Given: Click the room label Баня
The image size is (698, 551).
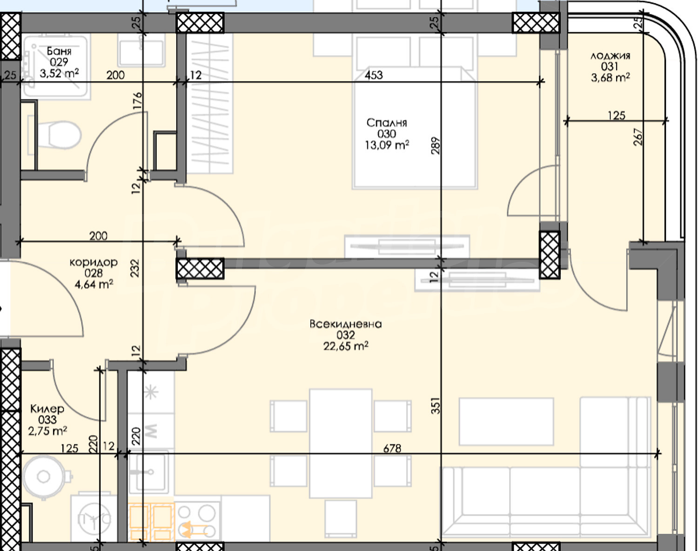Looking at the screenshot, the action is tap(59, 51).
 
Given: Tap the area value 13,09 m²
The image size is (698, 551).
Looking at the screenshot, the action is tap(387, 145).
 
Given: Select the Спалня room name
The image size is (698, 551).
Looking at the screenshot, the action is tap(387, 123).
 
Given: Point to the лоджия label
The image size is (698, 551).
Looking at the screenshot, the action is tap(610, 56).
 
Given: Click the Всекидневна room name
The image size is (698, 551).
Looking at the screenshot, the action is tap(346, 324).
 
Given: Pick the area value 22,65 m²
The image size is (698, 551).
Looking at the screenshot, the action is tap(346, 346).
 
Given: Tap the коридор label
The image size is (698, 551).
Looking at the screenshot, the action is tap(94, 262).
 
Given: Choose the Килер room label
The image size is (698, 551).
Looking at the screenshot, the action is tap(47, 408).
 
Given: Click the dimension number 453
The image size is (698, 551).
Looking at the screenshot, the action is tap(374, 75).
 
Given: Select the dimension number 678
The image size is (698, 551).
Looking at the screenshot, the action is tap(392, 449).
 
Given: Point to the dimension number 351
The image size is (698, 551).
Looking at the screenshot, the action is tap(436, 406).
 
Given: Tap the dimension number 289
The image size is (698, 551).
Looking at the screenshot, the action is tap(436, 145).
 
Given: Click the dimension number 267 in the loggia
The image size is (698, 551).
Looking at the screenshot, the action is tap(638, 137).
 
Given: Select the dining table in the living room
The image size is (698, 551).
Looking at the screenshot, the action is tap(341, 443).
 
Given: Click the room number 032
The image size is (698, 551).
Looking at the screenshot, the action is tap(346, 335).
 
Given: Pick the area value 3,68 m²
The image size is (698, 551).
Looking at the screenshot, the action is tap(611, 78).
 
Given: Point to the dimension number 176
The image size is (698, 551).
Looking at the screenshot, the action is tap(138, 101).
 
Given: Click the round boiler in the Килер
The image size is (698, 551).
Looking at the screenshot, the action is tap(43, 477).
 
